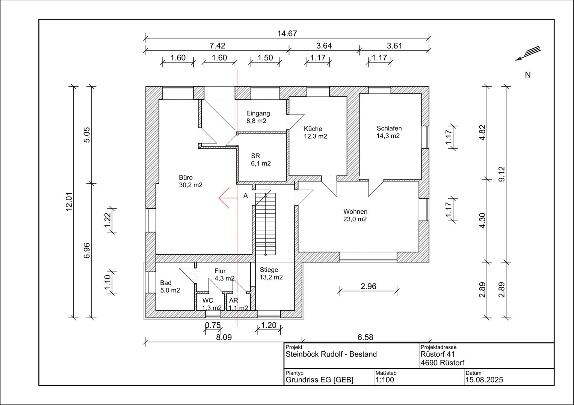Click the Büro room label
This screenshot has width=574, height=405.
coord(191,181)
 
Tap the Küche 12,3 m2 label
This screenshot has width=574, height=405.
coord(316,132)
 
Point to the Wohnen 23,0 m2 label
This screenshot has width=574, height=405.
coord(355,215)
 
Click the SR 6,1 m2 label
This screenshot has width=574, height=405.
coord(261,160)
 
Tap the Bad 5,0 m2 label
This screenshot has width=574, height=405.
coord(170,286)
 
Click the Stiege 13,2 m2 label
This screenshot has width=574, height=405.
coord(271,273)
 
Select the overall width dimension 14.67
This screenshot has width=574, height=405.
coord(287,33)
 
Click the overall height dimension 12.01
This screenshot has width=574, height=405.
coord(69,202)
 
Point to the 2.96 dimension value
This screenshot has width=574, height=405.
coord(369,286)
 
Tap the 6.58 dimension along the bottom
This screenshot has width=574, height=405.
coord(366,337)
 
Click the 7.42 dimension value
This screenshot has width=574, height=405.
coord(217,46)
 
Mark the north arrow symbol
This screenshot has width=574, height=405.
coord(528,53)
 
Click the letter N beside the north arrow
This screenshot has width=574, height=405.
coord(528,75)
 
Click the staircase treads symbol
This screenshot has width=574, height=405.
coord(266,224)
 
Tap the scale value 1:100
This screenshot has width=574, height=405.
coord(385,379)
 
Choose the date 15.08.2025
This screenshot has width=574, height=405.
coord(484,379)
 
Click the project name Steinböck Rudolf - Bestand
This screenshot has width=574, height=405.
coord(331,354)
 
